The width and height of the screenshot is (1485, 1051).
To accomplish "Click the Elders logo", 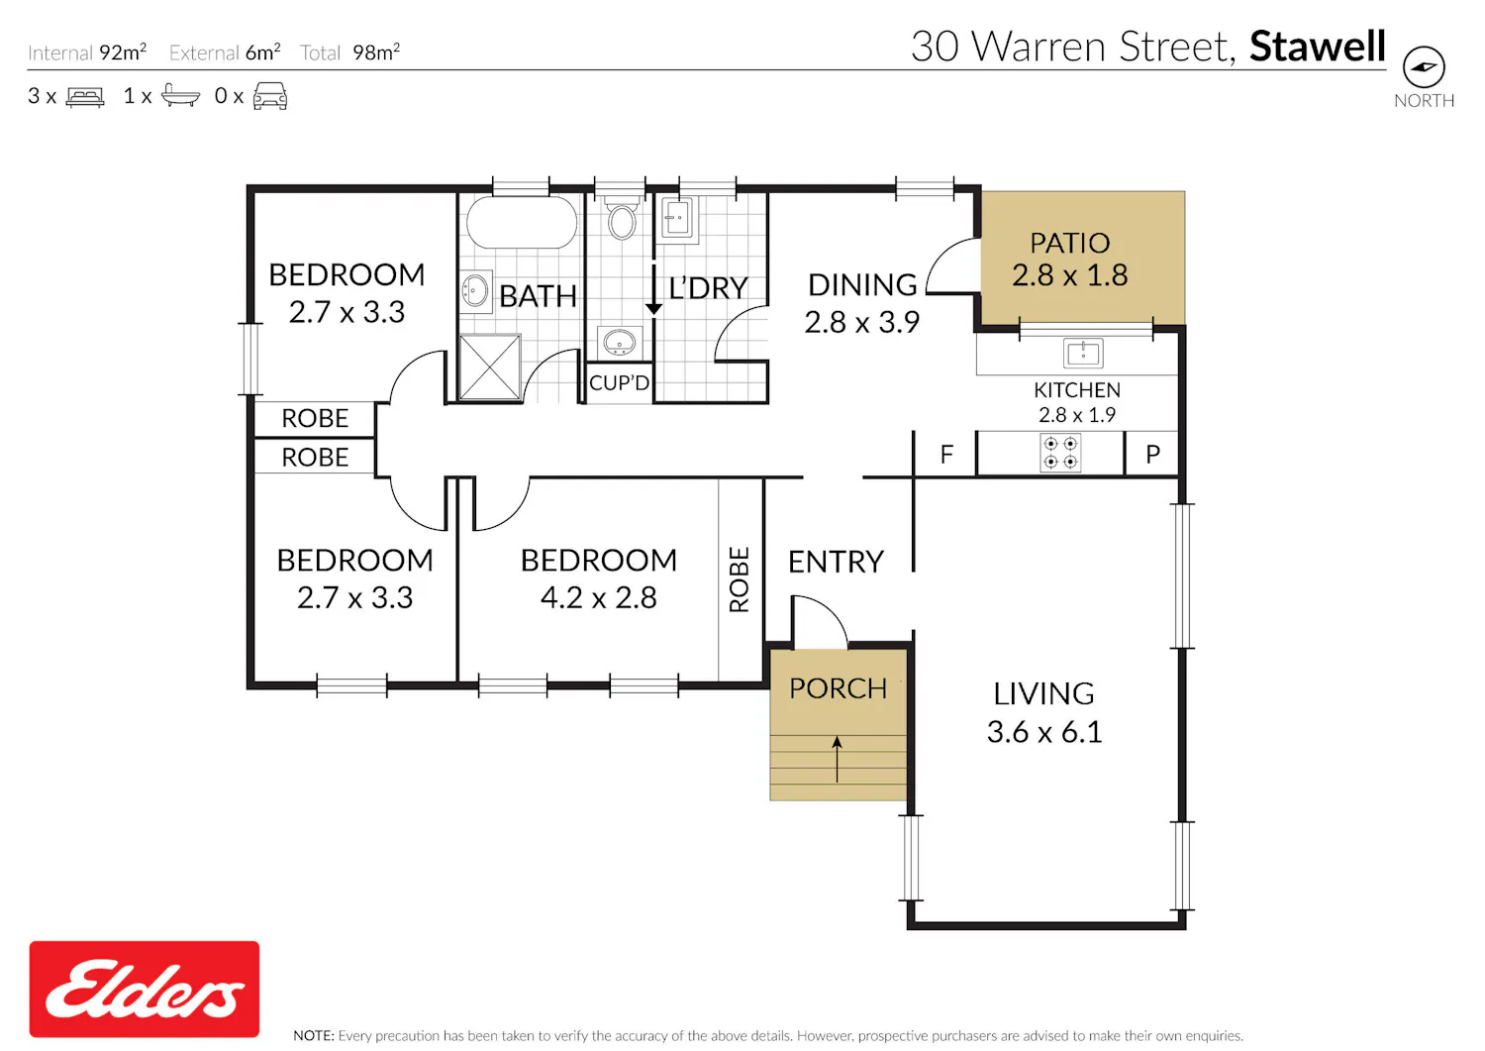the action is point(144,989).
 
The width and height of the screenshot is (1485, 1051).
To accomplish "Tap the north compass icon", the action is point(1424,66).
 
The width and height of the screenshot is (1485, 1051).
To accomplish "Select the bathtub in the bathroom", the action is point(521,222).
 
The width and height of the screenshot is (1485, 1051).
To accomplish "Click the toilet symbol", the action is point(622,218).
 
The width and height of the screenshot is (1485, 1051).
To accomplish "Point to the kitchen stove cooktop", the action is point(1060,453).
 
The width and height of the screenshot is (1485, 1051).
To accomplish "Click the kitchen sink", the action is point(1083,353).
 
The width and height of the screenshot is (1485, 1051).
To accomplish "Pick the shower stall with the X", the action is point(490,368).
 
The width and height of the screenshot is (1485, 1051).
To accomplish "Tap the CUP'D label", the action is point(619,382).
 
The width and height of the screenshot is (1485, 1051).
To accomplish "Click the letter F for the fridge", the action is point(946,455).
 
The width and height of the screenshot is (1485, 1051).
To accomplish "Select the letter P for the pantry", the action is point(1153,455).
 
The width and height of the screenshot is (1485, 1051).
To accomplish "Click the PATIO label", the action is point(1069,244).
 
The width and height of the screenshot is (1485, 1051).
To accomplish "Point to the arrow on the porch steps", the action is point(838,759).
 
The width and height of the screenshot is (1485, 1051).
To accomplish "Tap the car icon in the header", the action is point(270,95).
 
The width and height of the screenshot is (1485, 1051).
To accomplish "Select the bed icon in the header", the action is point(85,97).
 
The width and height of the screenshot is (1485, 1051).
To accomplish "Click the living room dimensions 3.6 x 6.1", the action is point(1044,732).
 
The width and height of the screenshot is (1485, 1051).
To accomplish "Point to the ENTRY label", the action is point(836,562).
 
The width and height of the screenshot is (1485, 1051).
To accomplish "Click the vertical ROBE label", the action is point(740,579).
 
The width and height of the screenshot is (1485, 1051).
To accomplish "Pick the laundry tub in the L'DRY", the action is point(676,217).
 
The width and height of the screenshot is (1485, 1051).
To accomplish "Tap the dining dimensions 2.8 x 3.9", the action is point(862,323).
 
